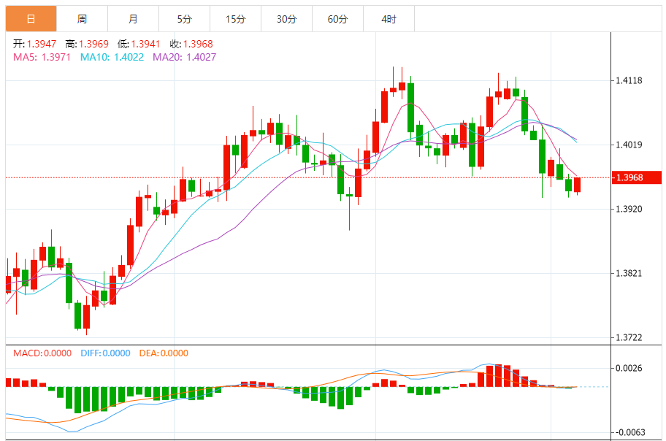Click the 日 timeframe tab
point(31,19)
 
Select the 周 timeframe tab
point(82,19)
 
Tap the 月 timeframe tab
point(133,19)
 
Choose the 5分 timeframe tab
point(184,19)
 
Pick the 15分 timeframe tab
point(235,19)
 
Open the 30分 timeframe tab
point(286,19)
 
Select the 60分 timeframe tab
point(337,19)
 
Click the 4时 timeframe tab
point(388,19)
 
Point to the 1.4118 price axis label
point(629,80)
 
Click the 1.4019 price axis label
point(629,145)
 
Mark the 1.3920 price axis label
point(629,209)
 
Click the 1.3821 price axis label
point(629,273)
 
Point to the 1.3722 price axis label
point(629,337)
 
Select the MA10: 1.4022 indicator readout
point(112,57)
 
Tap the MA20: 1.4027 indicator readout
point(184,57)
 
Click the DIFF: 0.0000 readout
point(104,353)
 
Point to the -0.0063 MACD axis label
point(629,432)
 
